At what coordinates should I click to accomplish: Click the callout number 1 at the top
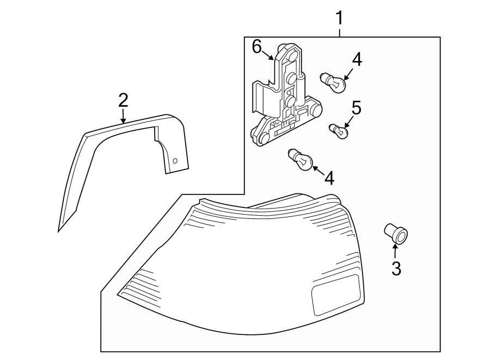tap(339, 18)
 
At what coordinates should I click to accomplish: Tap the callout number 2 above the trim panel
tap(123, 100)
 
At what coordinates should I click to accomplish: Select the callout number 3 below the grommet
tap(396, 268)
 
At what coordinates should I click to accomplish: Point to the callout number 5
tap(356, 107)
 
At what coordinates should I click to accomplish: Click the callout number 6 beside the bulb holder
tap(257, 47)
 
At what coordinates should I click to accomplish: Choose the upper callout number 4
tap(356, 59)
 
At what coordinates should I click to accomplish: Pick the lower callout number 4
tap(328, 177)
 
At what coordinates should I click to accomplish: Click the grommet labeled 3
tap(396, 234)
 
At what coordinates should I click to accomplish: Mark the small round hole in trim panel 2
tap(175, 161)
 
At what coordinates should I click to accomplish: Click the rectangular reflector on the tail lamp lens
tap(335, 295)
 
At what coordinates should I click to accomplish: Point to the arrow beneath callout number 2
tap(123, 115)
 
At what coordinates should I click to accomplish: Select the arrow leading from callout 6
tap(269, 54)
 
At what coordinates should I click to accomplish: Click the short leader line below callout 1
tap(339, 32)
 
